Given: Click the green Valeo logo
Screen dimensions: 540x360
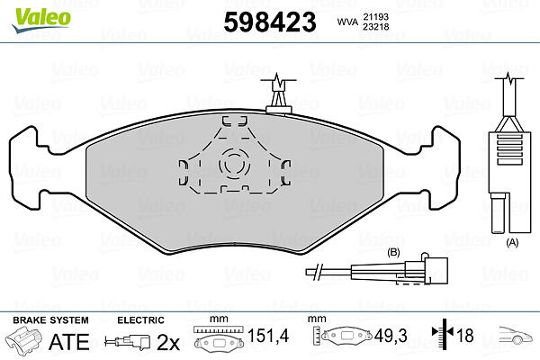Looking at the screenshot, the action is coord(41,20).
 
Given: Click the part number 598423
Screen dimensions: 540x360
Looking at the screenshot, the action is coord(270,22).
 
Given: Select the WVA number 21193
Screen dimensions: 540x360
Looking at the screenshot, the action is coord(375,16).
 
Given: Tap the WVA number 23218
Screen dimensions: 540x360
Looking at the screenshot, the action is coord(375,26).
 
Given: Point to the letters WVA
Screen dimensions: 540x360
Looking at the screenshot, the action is coord(347,22).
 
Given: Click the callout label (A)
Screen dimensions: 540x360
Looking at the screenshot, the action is coord(512,242).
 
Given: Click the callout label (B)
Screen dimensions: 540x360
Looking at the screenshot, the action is coord(393,253).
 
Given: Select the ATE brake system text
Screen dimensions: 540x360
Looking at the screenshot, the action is coord(69,342).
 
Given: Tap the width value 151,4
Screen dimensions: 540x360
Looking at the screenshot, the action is coord(268,336).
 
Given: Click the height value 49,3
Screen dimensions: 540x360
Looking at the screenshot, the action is coord(391,336).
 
